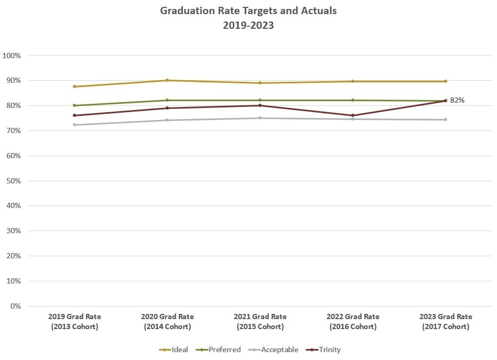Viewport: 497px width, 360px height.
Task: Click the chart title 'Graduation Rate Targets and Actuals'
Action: coord(248,10)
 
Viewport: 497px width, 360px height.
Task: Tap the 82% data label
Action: coord(457,100)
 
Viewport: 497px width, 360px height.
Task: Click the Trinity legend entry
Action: coord(325,350)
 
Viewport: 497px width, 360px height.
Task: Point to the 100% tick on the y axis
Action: coord(12,56)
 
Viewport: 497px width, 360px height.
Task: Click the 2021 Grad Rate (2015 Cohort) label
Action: coord(260,321)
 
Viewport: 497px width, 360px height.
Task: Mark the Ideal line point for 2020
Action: coord(167,80)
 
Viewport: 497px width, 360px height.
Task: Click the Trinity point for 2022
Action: coord(353,115)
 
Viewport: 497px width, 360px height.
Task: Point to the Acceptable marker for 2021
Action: coord(260,118)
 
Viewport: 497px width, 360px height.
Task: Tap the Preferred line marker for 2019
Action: coord(74,105)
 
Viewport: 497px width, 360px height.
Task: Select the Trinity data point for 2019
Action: coord(74,115)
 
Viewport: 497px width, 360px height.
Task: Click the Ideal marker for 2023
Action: coord(446,81)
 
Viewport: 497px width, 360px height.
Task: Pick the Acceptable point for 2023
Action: coord(446,119)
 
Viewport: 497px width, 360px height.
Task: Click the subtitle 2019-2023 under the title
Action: coord(248,25)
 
